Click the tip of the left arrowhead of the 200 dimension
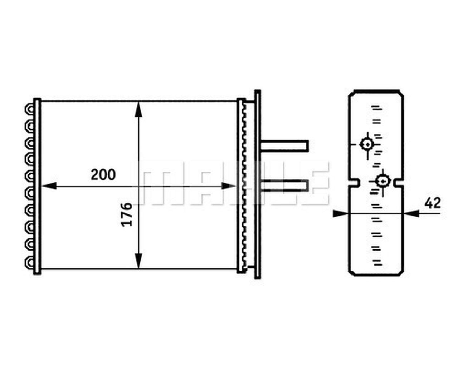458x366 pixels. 42,186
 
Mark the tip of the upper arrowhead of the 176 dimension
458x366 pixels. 138,102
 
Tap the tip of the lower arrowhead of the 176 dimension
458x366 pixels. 138,268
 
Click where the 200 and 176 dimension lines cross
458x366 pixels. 138,186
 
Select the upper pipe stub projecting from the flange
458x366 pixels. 284,146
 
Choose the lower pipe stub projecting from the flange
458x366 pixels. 284,185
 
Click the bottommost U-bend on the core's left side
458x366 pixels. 30,262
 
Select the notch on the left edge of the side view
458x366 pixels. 354,182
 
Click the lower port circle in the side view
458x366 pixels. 383,181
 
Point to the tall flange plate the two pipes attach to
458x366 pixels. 258,184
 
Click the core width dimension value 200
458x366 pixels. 103,175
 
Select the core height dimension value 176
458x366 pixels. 127,214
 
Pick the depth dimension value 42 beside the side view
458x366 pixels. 433,203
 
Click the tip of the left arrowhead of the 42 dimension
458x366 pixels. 349,213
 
